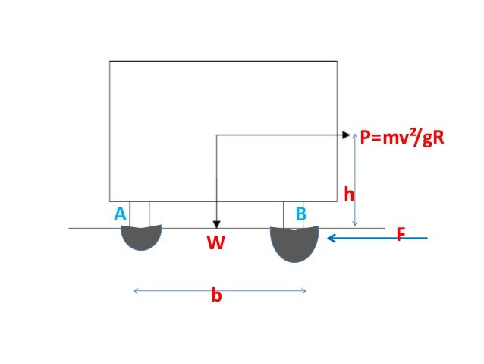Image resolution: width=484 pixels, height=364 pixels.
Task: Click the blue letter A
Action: [120, 215]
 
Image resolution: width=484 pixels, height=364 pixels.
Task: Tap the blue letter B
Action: [300, 215]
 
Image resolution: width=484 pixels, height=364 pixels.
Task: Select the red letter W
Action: [217, 243]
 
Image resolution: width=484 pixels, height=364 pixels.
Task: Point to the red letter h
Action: [349, 195]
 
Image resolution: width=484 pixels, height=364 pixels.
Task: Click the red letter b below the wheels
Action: [216, 296]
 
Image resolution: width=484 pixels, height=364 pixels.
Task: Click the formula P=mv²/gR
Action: [401, 138]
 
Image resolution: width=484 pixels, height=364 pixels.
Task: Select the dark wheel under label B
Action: [294, 242]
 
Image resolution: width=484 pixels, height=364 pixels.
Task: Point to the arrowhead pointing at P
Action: [348, 135]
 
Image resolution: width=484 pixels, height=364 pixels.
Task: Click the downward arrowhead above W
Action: [217, 223]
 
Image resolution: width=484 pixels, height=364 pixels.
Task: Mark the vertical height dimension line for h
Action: [355, 182]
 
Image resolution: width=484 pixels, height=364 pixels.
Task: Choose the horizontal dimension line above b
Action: [219, 290]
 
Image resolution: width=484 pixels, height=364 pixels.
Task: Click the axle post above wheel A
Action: [140, 214]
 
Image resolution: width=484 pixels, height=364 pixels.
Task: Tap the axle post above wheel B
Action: [293, 214]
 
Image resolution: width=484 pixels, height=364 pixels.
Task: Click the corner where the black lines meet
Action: [217, 135]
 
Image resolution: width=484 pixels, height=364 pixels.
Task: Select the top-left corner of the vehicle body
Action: [110, 62]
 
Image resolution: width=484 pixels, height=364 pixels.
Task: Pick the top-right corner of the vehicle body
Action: [337, 62]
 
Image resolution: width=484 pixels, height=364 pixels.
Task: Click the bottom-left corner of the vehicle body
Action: [110, 201]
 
